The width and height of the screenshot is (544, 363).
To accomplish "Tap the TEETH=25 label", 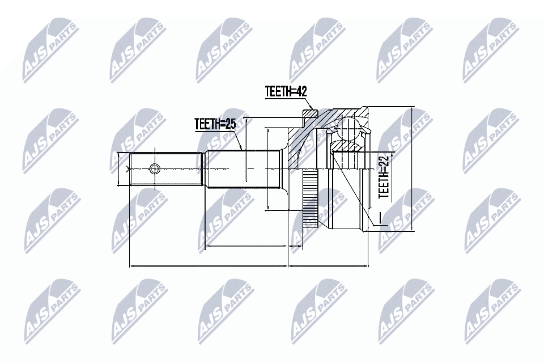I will pyautogui.click(x=214, y=123).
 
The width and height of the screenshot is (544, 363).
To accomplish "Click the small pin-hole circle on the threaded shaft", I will pyautogui.click(x=154, y=168).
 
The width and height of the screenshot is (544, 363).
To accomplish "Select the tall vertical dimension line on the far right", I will pyautogui.click(x=413, y=168).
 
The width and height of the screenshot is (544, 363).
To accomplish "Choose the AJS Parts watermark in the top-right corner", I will pyautogui.click(x=491, y=48).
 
